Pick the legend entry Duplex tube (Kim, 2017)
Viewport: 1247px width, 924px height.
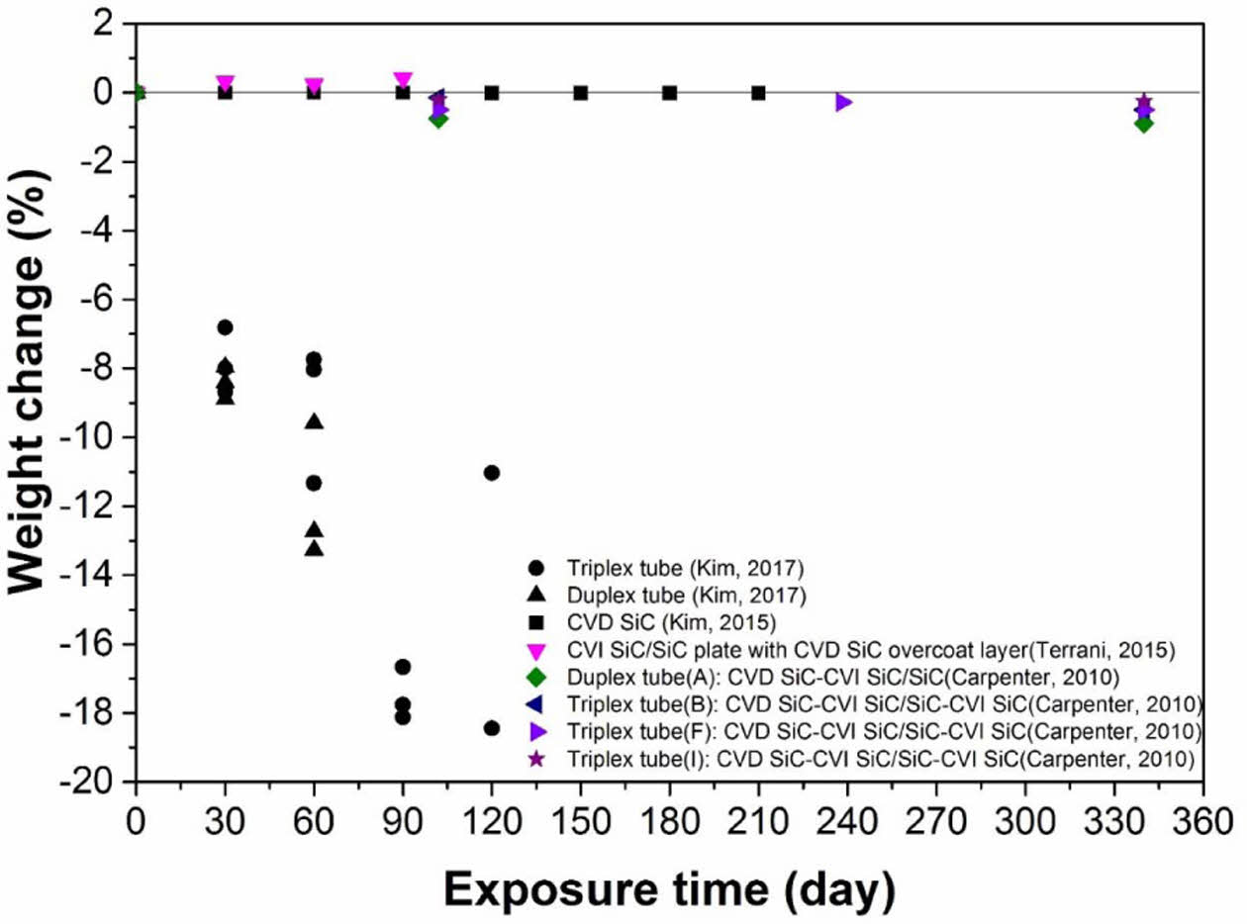click(x=674, y=596)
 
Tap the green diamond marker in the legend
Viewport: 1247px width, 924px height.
click(x=536, y=678)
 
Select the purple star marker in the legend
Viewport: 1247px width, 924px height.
click(x=536, y=760)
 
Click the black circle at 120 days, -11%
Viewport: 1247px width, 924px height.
click(x=492, y=473)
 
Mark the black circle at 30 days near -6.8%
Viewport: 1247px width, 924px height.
click(x=225, y=327)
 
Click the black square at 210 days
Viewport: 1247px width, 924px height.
click(x=758, y=93)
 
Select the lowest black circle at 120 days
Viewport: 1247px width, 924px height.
click(x=492, y=728)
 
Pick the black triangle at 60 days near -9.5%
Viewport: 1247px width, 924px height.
click(x=314, y=421)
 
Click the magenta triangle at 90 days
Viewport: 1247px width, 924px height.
click(x=403, y=80)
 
